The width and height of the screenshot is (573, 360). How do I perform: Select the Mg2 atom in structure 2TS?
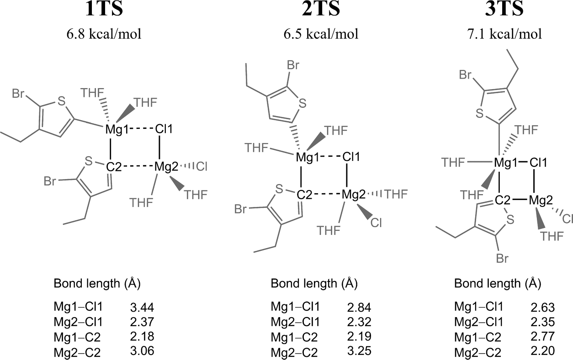(354, 195)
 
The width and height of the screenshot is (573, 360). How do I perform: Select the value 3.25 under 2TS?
(357, 352)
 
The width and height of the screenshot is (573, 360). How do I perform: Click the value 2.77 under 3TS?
(540, 337)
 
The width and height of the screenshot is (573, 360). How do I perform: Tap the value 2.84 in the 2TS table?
(357, 306)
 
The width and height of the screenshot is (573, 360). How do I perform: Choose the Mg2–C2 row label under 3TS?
(477, 352)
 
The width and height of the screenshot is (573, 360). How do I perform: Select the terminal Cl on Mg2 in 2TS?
(376, 222)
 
